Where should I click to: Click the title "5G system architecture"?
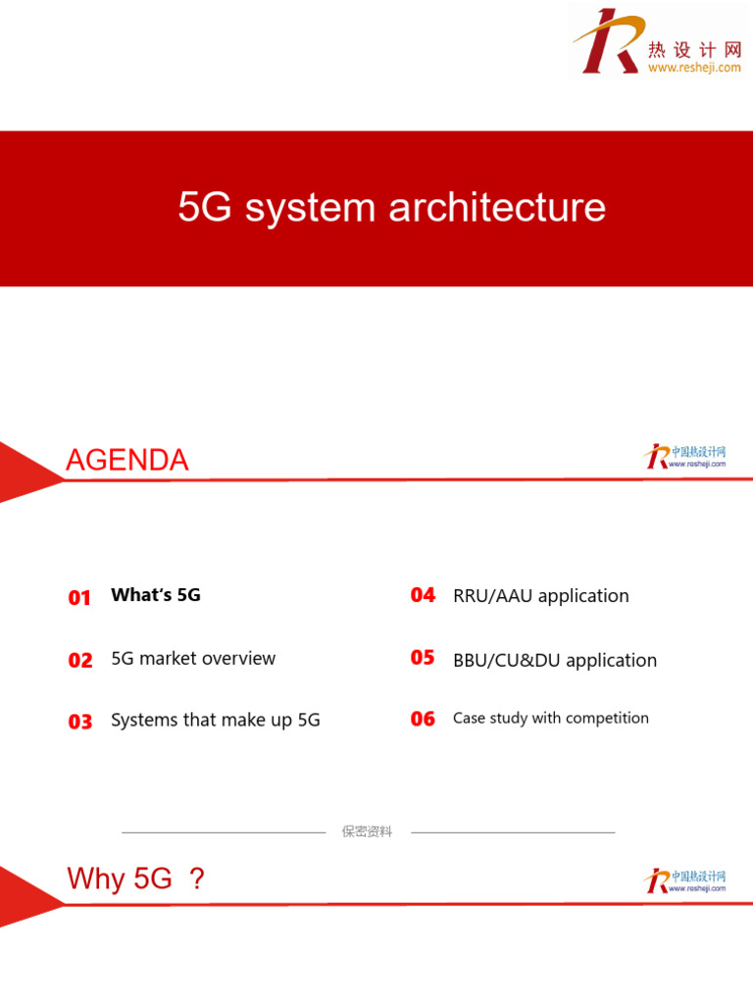(x=391, y=208)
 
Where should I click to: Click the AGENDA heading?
(x=127, y=460)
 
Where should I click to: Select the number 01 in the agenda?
(x=79, y=598)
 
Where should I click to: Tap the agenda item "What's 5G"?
(x=156, y=595)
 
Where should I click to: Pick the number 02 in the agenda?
(x=80, y=661)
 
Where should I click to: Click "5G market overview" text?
(x=193, y=659)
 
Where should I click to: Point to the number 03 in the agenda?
(x=80, y=722)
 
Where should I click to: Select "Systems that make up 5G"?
(x=216, y=721)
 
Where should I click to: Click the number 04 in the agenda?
(x=423, y=595)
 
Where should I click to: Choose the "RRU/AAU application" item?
(x=541, y=596)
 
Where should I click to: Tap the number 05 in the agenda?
(x=423, y=658)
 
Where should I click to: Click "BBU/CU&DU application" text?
(x=555, y=661)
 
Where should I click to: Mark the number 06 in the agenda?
(x=423, y=719)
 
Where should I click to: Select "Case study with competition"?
(x=551, y=719)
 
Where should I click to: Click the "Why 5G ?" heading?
(x=136, y=878)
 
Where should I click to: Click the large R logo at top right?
(x=607, y=41)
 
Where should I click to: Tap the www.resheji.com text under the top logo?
(x=694, y=68)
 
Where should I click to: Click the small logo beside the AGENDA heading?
(x=685, y=456)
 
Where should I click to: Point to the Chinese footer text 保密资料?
(x=367, y=831)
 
